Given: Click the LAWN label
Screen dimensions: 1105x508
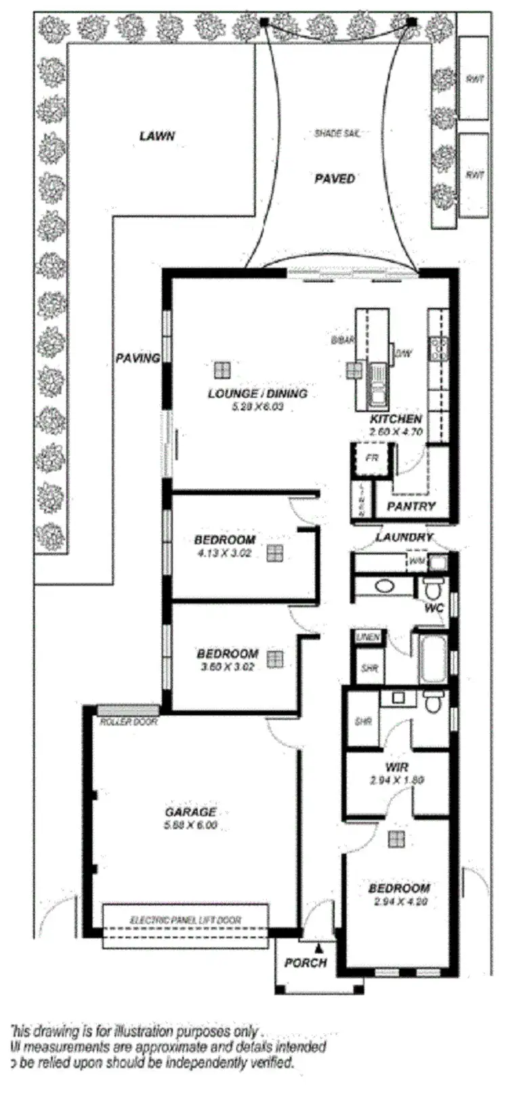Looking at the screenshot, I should pos(157,136).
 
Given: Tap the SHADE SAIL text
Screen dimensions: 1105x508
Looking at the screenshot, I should pos(337,134).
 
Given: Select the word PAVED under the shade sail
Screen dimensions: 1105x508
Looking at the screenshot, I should pos(335,179).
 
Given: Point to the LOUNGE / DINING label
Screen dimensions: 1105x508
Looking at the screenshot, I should pos(257,394).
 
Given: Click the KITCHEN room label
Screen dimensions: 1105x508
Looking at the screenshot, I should pos(396,420).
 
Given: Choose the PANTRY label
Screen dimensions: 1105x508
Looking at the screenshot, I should pos(411,506).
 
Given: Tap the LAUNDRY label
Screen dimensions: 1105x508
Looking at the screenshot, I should pos(404,538).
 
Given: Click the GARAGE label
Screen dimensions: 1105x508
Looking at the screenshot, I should pos(190,812).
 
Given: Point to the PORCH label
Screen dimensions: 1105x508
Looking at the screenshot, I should pos(305,963).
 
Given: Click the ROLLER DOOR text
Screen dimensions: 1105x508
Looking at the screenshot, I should pos(129,723).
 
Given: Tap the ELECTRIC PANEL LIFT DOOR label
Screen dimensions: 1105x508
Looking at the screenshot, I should pos(185,920).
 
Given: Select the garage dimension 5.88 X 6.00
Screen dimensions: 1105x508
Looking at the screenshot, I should pos(190,826).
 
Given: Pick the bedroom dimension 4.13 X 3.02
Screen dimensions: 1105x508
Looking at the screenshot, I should pos(224,552).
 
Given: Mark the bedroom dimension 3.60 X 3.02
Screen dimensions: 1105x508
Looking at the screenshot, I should pos(227,666).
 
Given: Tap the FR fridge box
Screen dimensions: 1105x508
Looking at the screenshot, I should pos(371,458).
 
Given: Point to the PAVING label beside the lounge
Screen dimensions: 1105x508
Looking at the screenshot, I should pos(137,358).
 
